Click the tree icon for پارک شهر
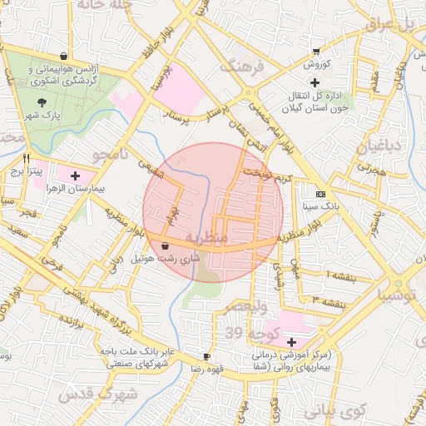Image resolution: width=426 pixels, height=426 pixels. [42, 101]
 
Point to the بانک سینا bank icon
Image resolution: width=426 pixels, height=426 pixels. [320, 193]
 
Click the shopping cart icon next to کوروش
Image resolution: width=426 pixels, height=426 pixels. [315, 52]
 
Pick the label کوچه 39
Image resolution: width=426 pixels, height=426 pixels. [246, 333]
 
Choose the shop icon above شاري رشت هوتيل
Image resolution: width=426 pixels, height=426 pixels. [166, 246]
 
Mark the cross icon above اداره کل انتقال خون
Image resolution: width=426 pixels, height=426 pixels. [315, 82]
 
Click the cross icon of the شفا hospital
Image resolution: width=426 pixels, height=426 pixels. [291, 342]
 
